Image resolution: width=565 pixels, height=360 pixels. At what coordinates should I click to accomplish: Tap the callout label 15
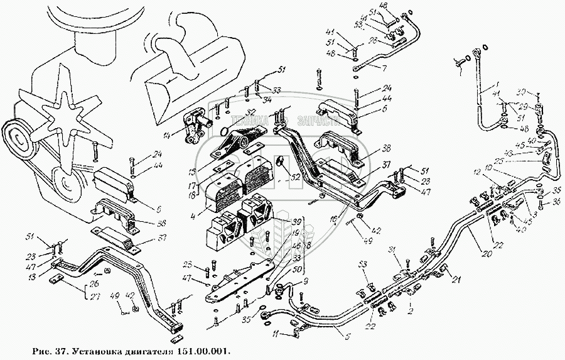[192, 171]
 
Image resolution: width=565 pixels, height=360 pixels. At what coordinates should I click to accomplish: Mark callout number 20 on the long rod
[384, 67]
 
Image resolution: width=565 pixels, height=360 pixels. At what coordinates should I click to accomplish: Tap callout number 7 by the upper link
[384, 67]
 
